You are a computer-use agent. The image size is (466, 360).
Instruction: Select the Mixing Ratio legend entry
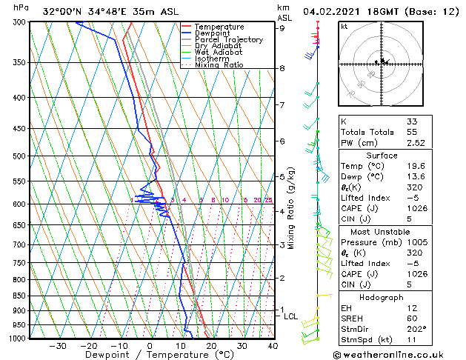(x=219, y=65)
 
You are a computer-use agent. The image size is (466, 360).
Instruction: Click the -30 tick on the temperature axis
(x=58, y=345)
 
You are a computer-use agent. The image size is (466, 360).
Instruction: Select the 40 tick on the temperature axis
(x=273, y=345)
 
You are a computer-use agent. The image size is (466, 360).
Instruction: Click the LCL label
(x=291, y=316)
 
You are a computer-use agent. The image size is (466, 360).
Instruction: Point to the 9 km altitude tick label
(x=282, y=28)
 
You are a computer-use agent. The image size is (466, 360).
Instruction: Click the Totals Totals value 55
(x=411, y=131)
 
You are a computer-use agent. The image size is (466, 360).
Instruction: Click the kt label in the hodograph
(x=344, y=27)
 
